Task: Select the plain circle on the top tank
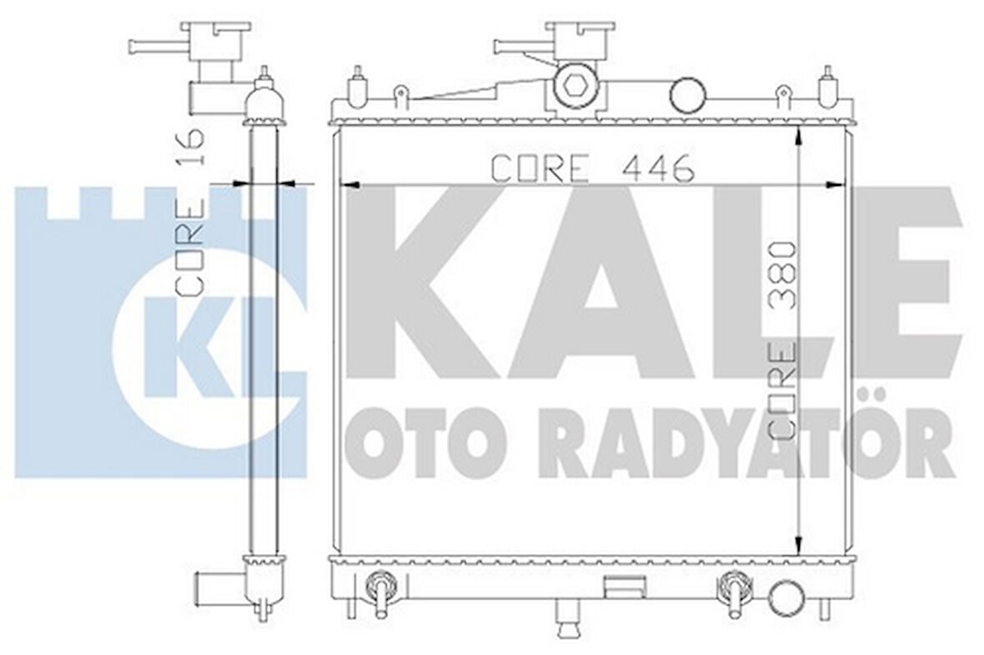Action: point(689,93)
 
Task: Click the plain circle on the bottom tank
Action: point(784,597)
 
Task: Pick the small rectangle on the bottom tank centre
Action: point(617,584)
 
